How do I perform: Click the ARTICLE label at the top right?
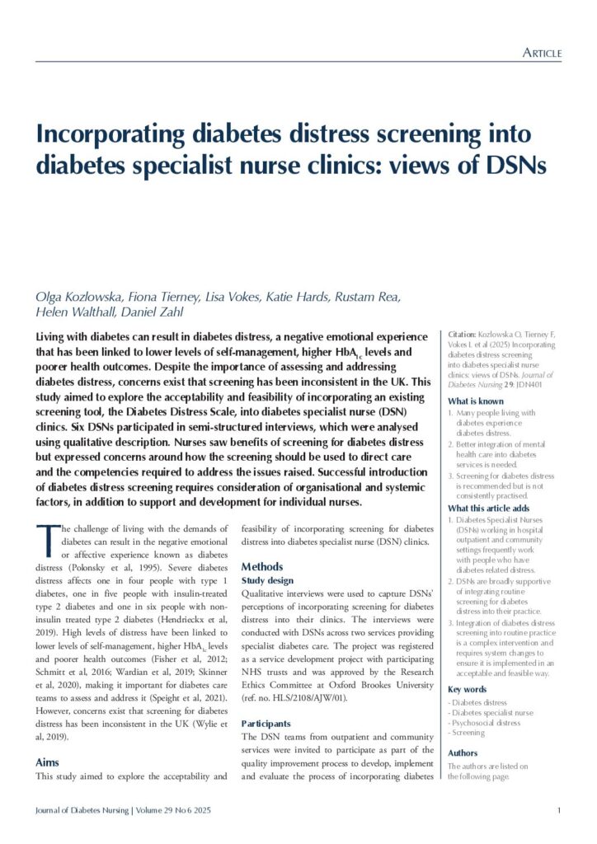click(x=543, y=54)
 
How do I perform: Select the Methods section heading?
click(x=261, y=567)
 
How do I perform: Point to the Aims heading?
click(x=47, y=762)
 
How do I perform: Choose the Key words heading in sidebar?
click(x=466, y=689)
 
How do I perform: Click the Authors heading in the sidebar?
click(x=462, y=753)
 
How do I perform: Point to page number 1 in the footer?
click(x=559, y=811)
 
